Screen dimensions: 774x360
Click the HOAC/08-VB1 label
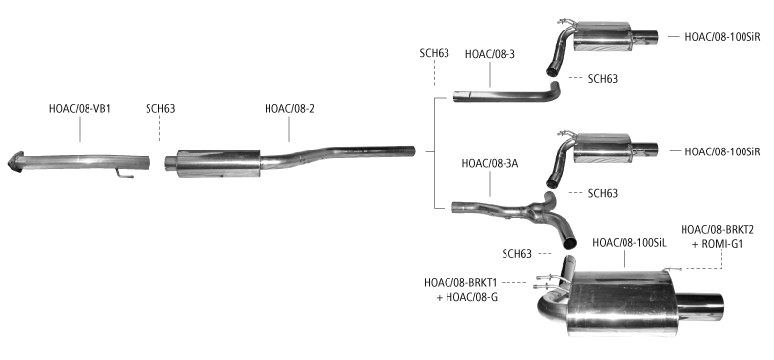click(x=80, y=108)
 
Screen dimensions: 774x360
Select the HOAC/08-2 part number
click(x=289, y=108)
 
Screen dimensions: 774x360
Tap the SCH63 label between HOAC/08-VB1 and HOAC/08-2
click(x=160, y=108)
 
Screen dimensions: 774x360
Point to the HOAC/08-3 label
click(x=490, y=54)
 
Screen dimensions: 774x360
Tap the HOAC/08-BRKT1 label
click(x=460, y=283)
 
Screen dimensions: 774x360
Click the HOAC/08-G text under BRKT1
click(x=472, y=298)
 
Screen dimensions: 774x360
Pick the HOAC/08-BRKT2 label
click(x=718, y=229)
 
